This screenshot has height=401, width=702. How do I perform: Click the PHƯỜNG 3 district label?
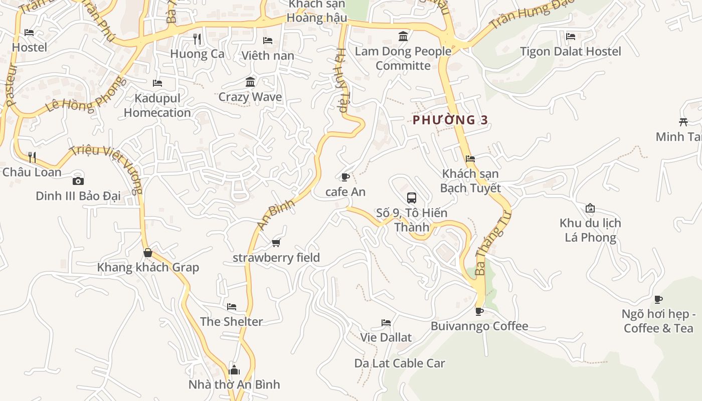point(450,120)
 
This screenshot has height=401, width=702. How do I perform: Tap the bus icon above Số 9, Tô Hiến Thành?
point(412,197)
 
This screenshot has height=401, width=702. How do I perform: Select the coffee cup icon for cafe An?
point(345,177)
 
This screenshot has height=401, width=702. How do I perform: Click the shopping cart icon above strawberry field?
point(276,243)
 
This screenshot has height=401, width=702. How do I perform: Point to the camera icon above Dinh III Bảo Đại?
point(78,181)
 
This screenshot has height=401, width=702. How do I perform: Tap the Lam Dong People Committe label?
point(403,58)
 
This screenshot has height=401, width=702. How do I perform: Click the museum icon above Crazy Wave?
point(250,82)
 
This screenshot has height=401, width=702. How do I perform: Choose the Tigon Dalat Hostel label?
point(570,51)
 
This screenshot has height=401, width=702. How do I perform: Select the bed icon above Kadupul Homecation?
point(157,83)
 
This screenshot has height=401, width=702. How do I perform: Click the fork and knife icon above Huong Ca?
point(197,39)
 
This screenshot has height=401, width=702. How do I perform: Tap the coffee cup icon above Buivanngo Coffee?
point(479,311)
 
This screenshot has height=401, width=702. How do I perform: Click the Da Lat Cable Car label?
point(400,363)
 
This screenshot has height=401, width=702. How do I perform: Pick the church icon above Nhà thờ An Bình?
point(234,370)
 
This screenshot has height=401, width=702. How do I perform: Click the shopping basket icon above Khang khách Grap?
point(147,253)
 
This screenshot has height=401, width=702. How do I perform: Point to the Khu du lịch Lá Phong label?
point(590,230)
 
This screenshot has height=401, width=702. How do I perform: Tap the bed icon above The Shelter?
point(231,307)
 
